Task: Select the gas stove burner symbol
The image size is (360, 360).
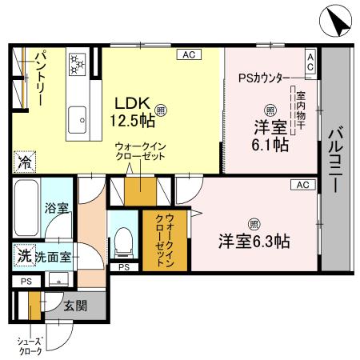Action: tap(78, 62)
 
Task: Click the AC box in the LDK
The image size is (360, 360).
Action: tap(189, 54)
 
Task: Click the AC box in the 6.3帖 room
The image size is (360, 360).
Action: tap(302, 185)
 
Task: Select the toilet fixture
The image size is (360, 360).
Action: tap(123, 237)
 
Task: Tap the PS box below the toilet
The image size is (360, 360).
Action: tap(122, 266)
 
